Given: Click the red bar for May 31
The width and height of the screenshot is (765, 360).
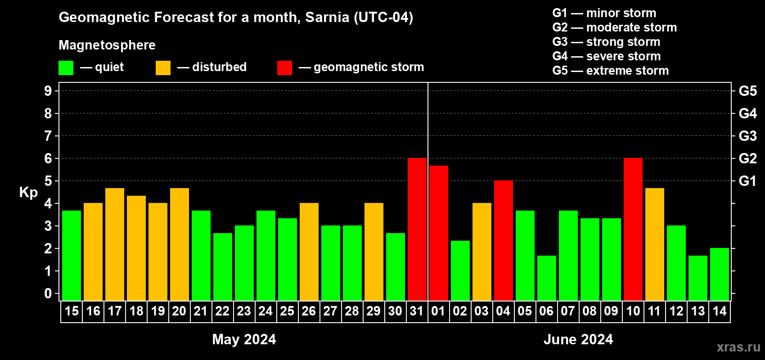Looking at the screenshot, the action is tap(417, 229).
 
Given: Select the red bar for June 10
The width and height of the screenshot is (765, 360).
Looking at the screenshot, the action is tap(633, 229).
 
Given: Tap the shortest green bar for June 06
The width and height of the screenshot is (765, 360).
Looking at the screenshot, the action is tap(546, 278).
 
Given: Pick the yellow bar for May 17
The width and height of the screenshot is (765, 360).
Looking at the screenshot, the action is tap(115, 244).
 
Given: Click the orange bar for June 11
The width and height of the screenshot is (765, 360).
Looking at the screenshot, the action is tap(655, 244).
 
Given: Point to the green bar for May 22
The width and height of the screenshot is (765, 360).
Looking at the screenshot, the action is tap(223, 267).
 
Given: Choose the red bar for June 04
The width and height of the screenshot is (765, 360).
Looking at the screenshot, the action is tap(504, 240).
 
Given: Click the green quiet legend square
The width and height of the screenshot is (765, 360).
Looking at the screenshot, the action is tap(66, 67).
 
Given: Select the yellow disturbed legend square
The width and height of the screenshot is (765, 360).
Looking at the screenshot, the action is tap(163, 67).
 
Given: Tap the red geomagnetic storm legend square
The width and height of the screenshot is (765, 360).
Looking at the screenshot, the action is tap(284, 67).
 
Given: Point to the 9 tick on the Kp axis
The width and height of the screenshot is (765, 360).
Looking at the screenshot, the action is tap(48, 91).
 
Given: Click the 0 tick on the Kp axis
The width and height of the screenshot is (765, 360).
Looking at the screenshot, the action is tap(48, 293).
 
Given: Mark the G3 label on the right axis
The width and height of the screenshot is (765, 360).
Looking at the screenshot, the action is tap(747, 136).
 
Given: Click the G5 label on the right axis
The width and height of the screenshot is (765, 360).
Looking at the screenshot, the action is tap(747, 91).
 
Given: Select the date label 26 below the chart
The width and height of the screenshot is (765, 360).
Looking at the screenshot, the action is tap(309, 311).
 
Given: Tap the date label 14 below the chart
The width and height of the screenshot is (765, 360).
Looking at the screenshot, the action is tap(719, 311).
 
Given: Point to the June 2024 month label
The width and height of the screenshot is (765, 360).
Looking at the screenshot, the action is tap(578, 339).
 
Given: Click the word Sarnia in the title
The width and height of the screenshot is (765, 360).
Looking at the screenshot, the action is tap(327, 17).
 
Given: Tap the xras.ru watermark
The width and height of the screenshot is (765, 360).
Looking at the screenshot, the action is tap(738, 347).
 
